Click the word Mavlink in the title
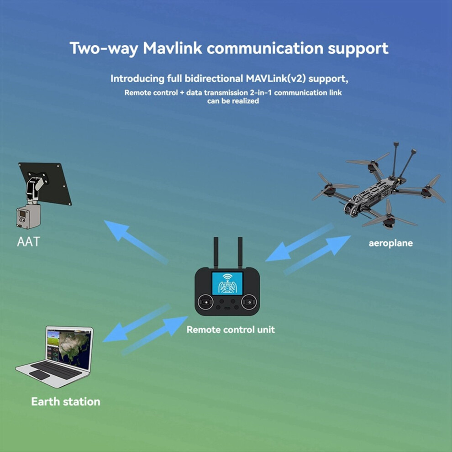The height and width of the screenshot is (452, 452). (173, 48)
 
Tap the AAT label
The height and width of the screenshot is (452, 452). (28, 242)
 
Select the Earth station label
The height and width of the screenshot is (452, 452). (65, 402)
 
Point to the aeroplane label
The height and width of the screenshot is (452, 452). (391, 243)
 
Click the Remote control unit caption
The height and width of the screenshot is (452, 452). (231, 330)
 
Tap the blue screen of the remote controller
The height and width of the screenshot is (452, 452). (227, 284)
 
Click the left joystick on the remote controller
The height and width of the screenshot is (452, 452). (205, 302)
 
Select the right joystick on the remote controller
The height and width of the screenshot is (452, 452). (249, 302)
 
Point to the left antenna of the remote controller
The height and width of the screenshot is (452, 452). (215, 252)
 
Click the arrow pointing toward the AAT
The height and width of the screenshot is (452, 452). (136, 242)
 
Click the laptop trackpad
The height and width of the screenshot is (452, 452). (39, 375)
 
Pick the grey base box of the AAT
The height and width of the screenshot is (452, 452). (28, 216)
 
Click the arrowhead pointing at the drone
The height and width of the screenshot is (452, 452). (338, 244)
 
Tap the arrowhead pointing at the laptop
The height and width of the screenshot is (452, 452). (115, 334)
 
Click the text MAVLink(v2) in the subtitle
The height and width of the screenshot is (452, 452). (276, 79)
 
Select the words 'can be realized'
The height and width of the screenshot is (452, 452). (233, 101)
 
